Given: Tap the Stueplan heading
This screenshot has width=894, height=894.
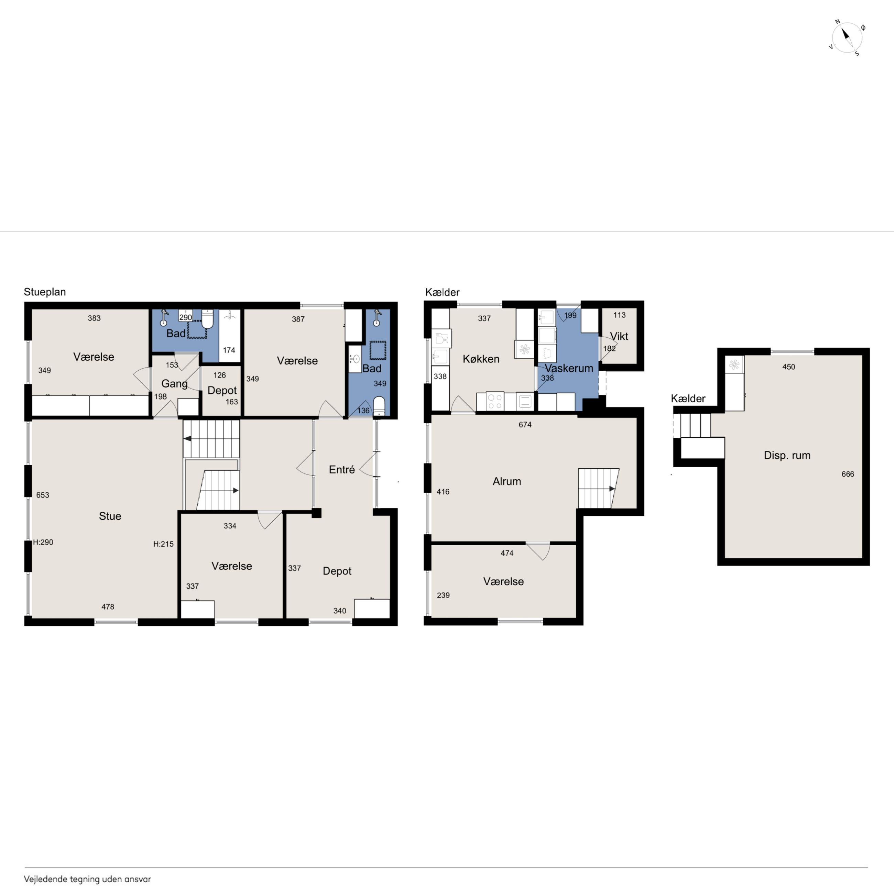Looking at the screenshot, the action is pyautogui.click(x=45, y=292).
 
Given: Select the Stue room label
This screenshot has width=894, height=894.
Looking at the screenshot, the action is pyautogui.click(x=110, y=516).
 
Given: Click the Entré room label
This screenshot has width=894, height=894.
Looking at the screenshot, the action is pyautogui.click(x=342, y=470).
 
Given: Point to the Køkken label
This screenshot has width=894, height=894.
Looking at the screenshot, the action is pyautogui.click(x=481, y=359).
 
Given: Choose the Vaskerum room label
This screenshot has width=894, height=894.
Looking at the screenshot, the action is pyautogui.click(x=569, y=368).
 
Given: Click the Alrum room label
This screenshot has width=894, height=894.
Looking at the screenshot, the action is pyautogui.click(x=507, y=481).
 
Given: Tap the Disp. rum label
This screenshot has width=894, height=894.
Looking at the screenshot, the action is pyautogui.click(x=787, y=455).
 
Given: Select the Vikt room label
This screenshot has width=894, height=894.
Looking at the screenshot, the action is pyautogui.click(x=619, y=336).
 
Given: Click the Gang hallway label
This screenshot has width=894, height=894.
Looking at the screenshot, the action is pyautogui.click(x=174, y=384).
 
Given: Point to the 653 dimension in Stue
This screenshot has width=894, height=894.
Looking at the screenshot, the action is pyautogui.click(x=43, y=495).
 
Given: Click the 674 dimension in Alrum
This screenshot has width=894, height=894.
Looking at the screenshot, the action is pyautogui.click(x=525, y=424).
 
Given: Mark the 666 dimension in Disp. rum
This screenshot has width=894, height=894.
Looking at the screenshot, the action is pyautogui.click(x=848, y=474).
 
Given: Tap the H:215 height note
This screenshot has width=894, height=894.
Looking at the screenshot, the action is pyautogui.click(x=163, y=544).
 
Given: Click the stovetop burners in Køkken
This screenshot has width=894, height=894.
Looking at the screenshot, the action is pyautogui.click(x=495, y=401).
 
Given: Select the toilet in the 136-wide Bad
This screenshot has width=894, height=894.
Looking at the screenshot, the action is pyautogui.click(x=379, y=406).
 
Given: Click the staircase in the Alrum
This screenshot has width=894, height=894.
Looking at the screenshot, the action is pyautogui.click(x=598, y=488).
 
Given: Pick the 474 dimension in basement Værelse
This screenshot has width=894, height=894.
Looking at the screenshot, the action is pyautogui.click(x=507, y=553).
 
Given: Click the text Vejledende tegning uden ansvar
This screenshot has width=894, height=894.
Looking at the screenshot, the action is pyautogui.click(x=87, y=879).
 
